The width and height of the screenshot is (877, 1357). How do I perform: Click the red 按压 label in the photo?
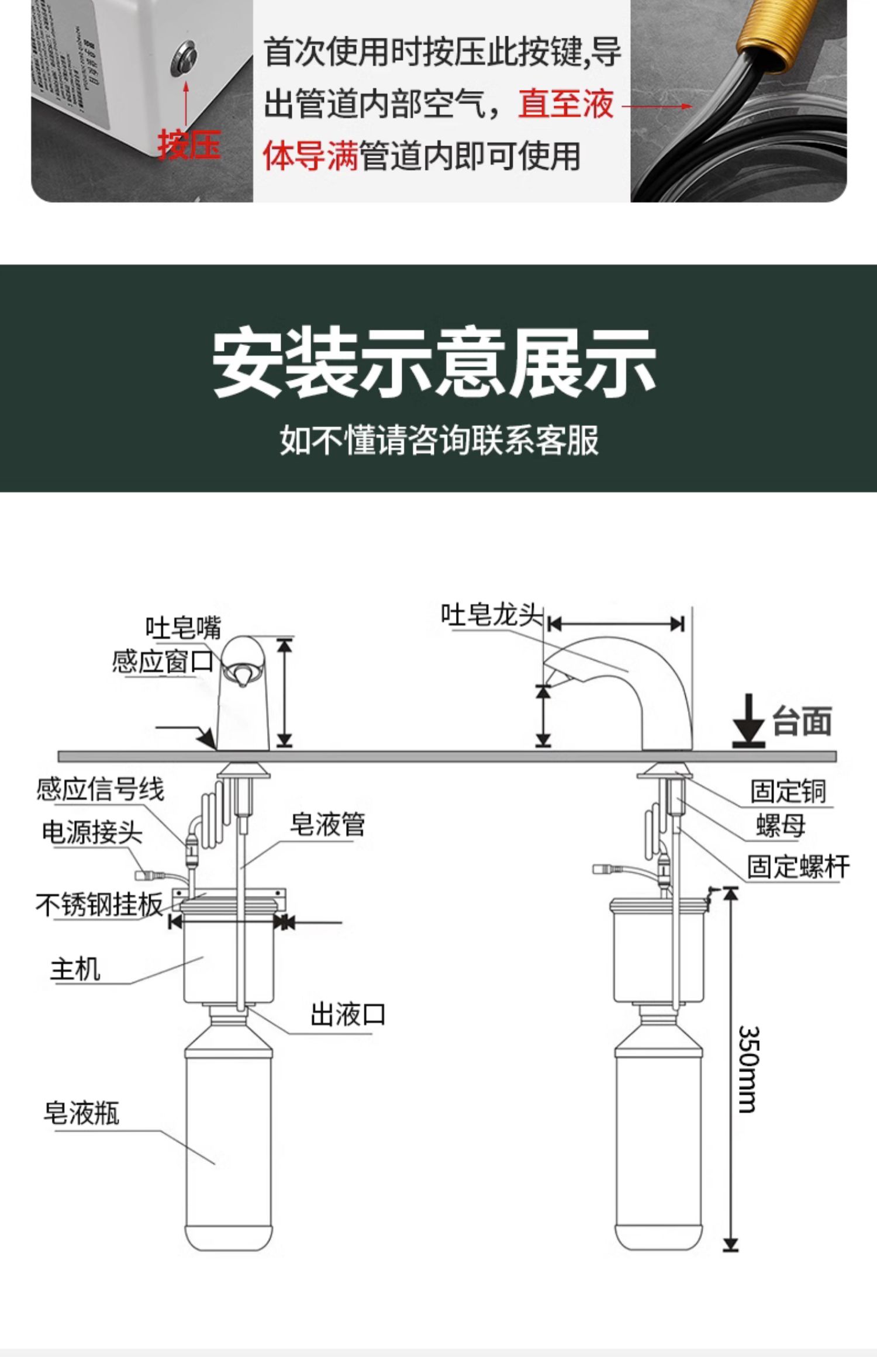coord(188,145)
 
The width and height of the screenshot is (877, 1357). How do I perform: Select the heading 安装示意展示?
coord(434,363)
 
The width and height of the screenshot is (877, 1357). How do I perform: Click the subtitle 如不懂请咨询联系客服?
coord(439,439)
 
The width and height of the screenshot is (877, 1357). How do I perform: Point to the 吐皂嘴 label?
coord(183,628)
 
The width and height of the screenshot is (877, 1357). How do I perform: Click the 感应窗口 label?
coord(163,662)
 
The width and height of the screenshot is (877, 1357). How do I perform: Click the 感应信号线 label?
coord(100,789)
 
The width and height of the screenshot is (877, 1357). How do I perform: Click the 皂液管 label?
coord(327,825)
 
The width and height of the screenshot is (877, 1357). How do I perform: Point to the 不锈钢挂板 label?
coord(99,905)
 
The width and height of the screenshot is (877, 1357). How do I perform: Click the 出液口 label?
coord(347,1015)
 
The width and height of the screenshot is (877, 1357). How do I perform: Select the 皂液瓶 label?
coord(81,1113)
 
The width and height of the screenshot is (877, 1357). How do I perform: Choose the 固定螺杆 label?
coord(797,866)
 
